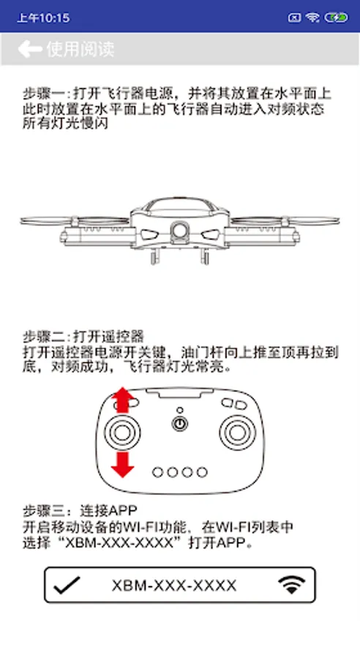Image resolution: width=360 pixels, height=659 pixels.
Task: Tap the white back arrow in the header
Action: [30, 49]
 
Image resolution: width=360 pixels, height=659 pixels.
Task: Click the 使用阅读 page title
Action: [80, 49]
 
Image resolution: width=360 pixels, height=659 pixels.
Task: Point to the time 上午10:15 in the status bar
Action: [43, 18]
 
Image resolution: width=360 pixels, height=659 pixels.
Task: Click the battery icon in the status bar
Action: [336, 18]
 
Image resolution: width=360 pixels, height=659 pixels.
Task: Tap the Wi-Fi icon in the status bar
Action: [312, 18]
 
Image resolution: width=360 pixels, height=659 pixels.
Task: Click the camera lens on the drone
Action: [180, 231]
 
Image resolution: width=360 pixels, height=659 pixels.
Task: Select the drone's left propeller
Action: [75, 220]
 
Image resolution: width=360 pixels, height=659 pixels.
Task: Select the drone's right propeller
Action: [285, 220]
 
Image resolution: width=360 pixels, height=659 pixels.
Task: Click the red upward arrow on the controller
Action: [122, 400]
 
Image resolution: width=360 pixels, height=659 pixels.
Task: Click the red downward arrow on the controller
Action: [122, 464]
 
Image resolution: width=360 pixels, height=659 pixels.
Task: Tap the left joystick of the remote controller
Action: [122, 432]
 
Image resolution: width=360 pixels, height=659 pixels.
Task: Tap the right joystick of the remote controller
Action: [237, 432]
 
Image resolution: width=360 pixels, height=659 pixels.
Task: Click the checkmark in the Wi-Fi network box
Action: [67, 585]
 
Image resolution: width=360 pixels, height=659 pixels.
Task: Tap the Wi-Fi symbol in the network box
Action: [291, 585]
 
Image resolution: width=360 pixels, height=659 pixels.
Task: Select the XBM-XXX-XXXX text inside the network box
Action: [174, 586]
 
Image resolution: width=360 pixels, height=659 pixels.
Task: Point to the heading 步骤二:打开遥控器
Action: [83, 336]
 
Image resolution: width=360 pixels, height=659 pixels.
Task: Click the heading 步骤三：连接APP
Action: [80, 510]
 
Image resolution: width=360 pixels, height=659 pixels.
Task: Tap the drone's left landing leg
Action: [154, 256]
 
